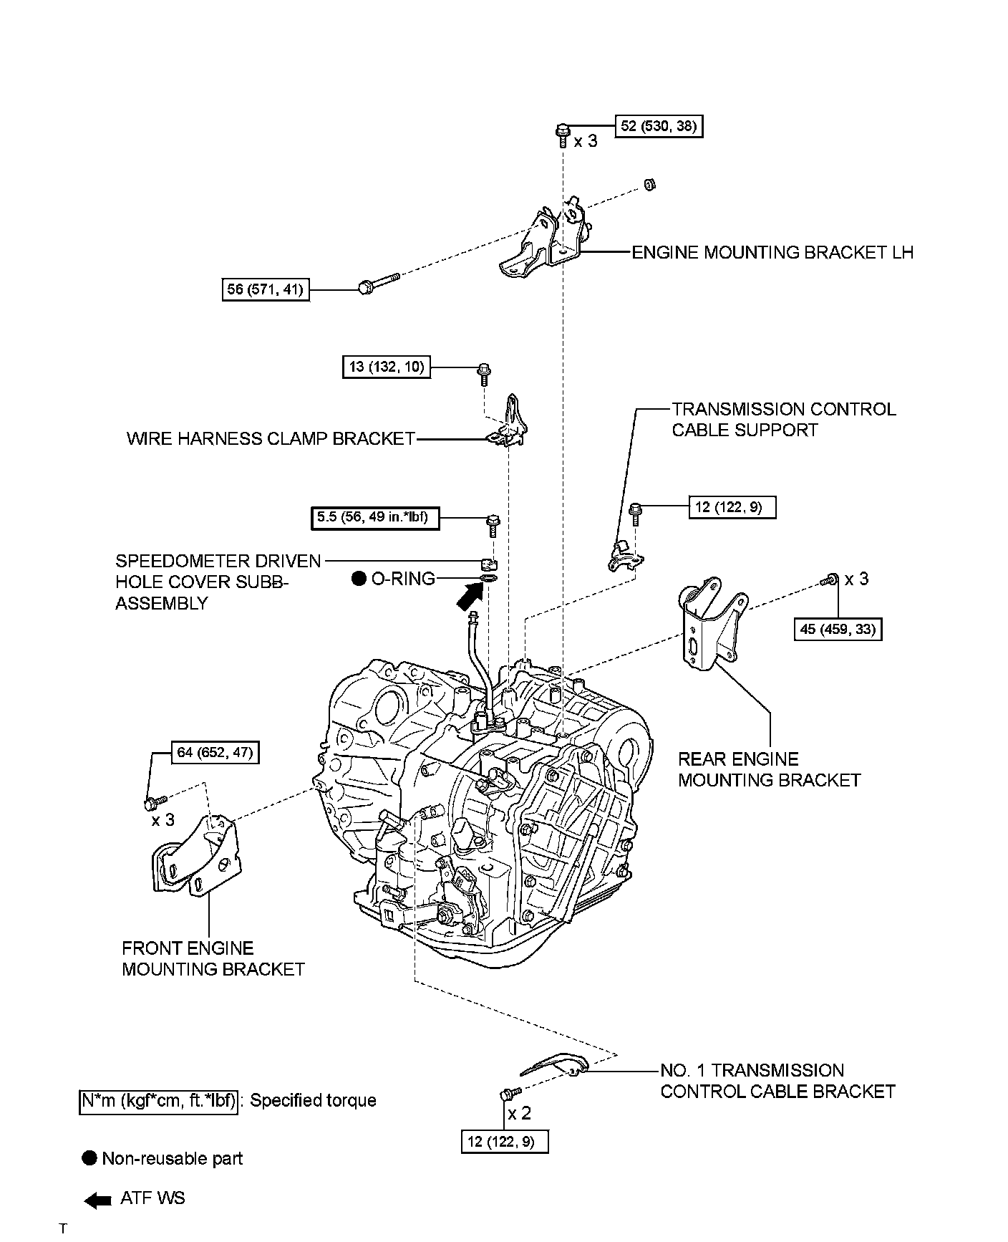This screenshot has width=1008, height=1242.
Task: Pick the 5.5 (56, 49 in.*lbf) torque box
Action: coord(374,517)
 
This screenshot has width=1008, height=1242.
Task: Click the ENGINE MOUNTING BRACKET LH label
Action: coord(772,253)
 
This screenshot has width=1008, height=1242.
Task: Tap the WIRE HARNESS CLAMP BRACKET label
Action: coord(271,438)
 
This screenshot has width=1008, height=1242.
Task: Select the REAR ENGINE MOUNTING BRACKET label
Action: coord(769,769)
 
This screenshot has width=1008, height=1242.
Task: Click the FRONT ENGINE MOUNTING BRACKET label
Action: coord(213,958)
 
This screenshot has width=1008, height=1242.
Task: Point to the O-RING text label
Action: coord(403,579)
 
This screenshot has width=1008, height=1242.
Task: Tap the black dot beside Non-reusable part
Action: coord(89,1158)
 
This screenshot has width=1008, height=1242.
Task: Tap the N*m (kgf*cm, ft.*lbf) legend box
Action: coord(157,1100)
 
